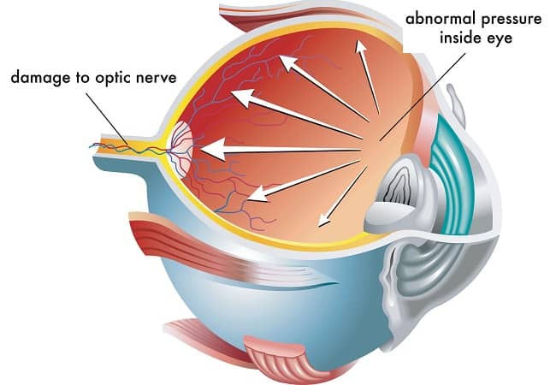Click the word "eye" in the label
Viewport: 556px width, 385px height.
pos(500,38)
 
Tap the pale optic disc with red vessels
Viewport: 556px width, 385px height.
pos(181,149)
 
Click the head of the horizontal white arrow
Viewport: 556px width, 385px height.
pos(214,150)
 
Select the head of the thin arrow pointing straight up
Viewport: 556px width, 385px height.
pos(361,47)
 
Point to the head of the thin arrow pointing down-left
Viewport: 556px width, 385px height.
pos(323,220)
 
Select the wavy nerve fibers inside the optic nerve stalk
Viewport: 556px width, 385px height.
pos(127,147)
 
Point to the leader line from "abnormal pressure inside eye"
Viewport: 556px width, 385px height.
pos(423,98)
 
